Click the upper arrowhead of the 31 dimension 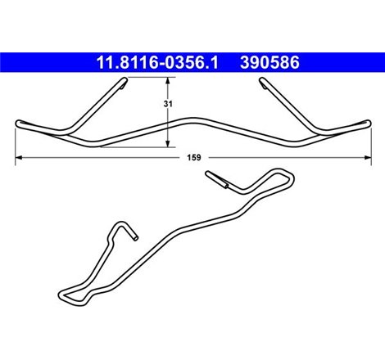click(x=169, y=80)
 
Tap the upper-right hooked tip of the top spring click(x=261, y=80)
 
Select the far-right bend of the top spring click(x=365, y=124)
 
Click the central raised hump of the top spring click(x=193, y=115)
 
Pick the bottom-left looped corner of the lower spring click(x=62, y=294)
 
